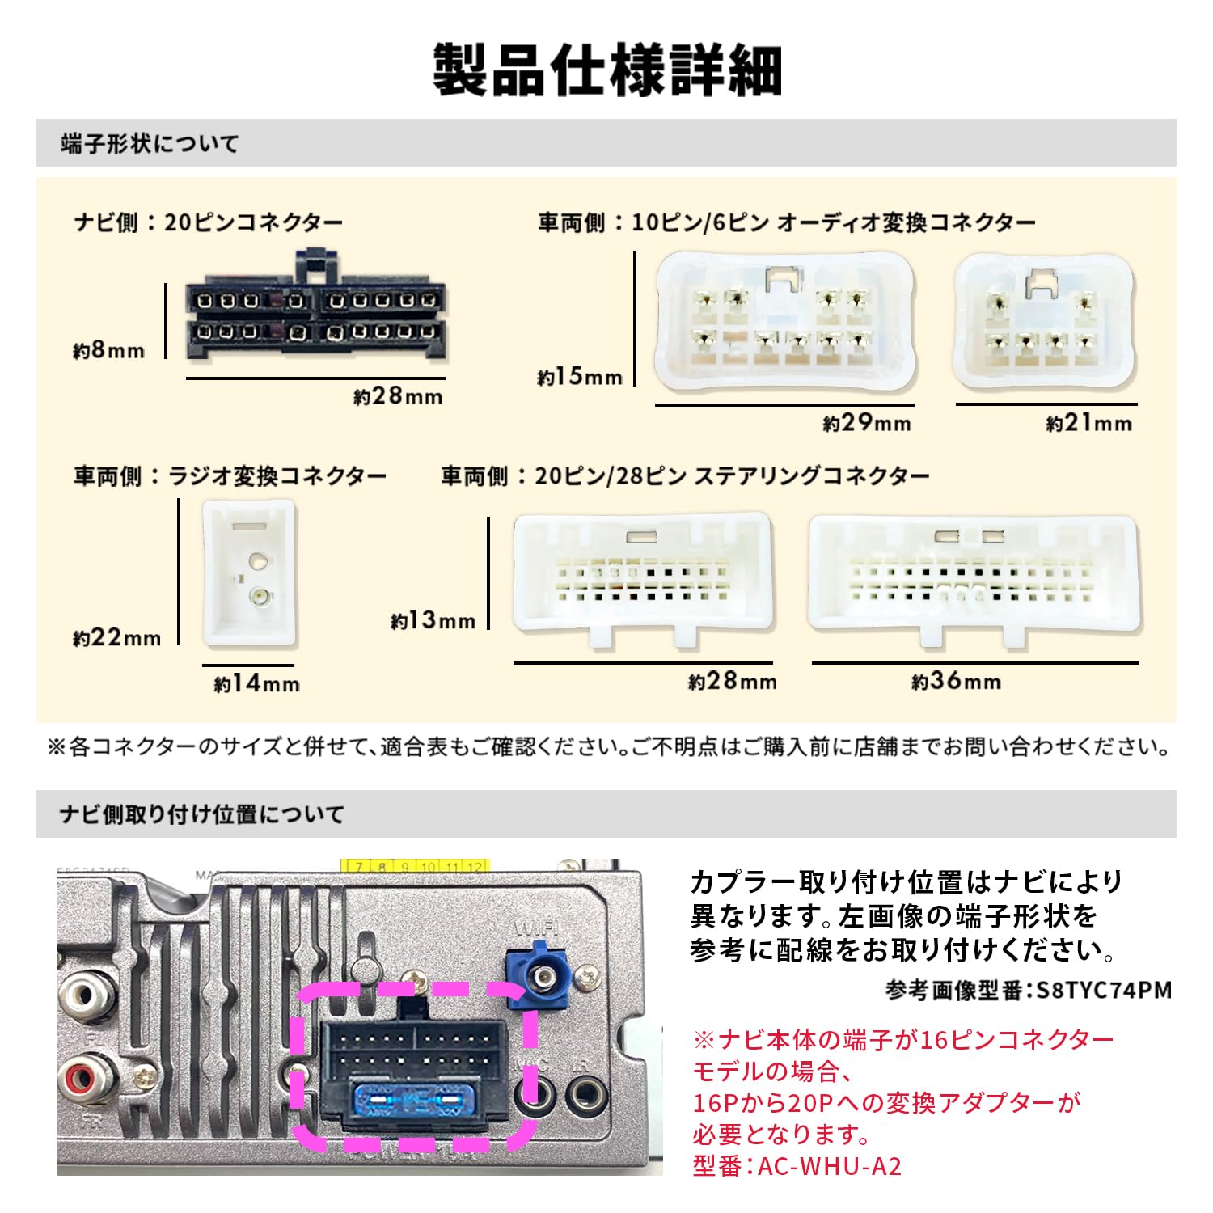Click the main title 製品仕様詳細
click(606, 71)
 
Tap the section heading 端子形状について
click(150, 144)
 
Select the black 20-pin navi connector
click(315, 315)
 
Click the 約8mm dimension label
click(108, 350)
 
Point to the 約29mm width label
click(867, 423)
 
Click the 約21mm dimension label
click(1088, 423)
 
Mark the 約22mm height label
click(116, 637)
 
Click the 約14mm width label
click(256, 684)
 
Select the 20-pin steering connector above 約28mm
click(643, 578)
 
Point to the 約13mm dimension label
click(433, 620)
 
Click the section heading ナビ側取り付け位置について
click(202, 814)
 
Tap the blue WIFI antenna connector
click(538, 978)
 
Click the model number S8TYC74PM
click(1104, 990)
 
